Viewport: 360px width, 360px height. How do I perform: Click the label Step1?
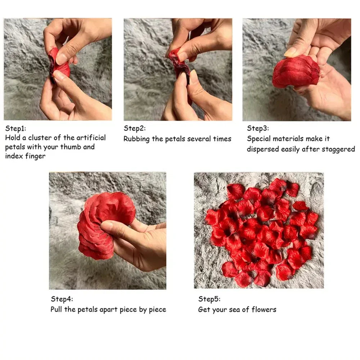tap(15, 128)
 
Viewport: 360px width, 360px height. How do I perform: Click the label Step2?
tap(135, 128)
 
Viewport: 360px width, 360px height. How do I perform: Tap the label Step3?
tap(258, 128)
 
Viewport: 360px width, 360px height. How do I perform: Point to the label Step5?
tap(209, 299)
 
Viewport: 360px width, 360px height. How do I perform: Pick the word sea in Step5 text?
tap(237, 310)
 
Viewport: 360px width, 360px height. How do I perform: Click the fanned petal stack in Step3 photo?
tap(296, 72)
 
